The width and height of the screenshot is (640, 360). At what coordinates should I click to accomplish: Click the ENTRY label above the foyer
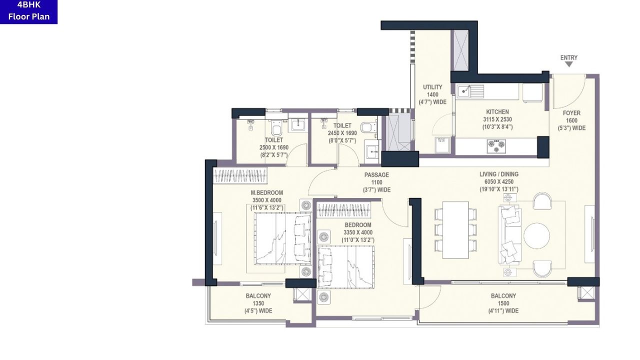click(568, 58)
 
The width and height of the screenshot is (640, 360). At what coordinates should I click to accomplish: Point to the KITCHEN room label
click(497, 112)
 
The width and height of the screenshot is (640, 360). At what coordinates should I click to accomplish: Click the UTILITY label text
click(432, 87)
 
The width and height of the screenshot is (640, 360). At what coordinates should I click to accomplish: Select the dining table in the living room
click(455, 229)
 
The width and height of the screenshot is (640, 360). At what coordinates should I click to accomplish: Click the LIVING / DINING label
click(499, 174)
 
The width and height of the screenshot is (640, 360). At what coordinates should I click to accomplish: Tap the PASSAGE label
click(376, 175)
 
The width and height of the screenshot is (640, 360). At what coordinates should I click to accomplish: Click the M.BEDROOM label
click(267, 193)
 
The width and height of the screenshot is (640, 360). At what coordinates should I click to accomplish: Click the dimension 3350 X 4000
click(358, 232)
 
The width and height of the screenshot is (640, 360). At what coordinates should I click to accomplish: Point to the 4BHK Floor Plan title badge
click(28, 11)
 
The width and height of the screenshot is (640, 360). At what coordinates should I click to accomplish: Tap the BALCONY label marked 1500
click(503, 296)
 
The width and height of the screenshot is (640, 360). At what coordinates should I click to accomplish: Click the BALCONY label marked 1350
click(258, 296)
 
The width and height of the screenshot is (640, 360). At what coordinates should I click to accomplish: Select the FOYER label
click(571, 113)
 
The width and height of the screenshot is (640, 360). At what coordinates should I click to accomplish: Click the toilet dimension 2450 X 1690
click(342, 133)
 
